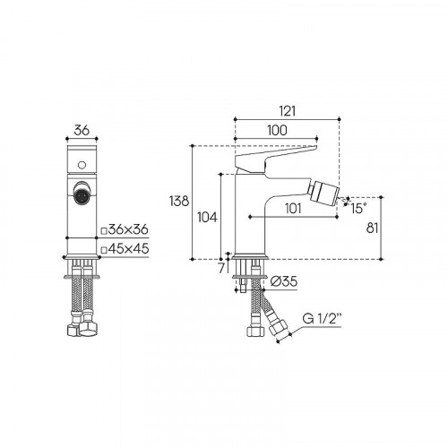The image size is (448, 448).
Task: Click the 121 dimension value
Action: (x=288, y=111)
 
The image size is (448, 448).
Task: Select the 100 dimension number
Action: (x=277, y=130)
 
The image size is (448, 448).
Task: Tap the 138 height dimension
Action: (x=179, y=201)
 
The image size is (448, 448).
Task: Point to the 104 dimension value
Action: (x=207, y=218)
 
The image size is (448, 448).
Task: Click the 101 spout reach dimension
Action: (x=293, y=209)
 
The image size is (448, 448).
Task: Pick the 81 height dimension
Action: (x=372, y=228)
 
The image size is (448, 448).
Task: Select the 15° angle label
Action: (x=358, y=209)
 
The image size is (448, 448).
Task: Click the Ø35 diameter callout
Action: (x=284, y=281)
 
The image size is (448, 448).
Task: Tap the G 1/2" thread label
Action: (x=322, y=319)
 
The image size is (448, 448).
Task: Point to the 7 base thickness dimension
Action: (x=221, y=269)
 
